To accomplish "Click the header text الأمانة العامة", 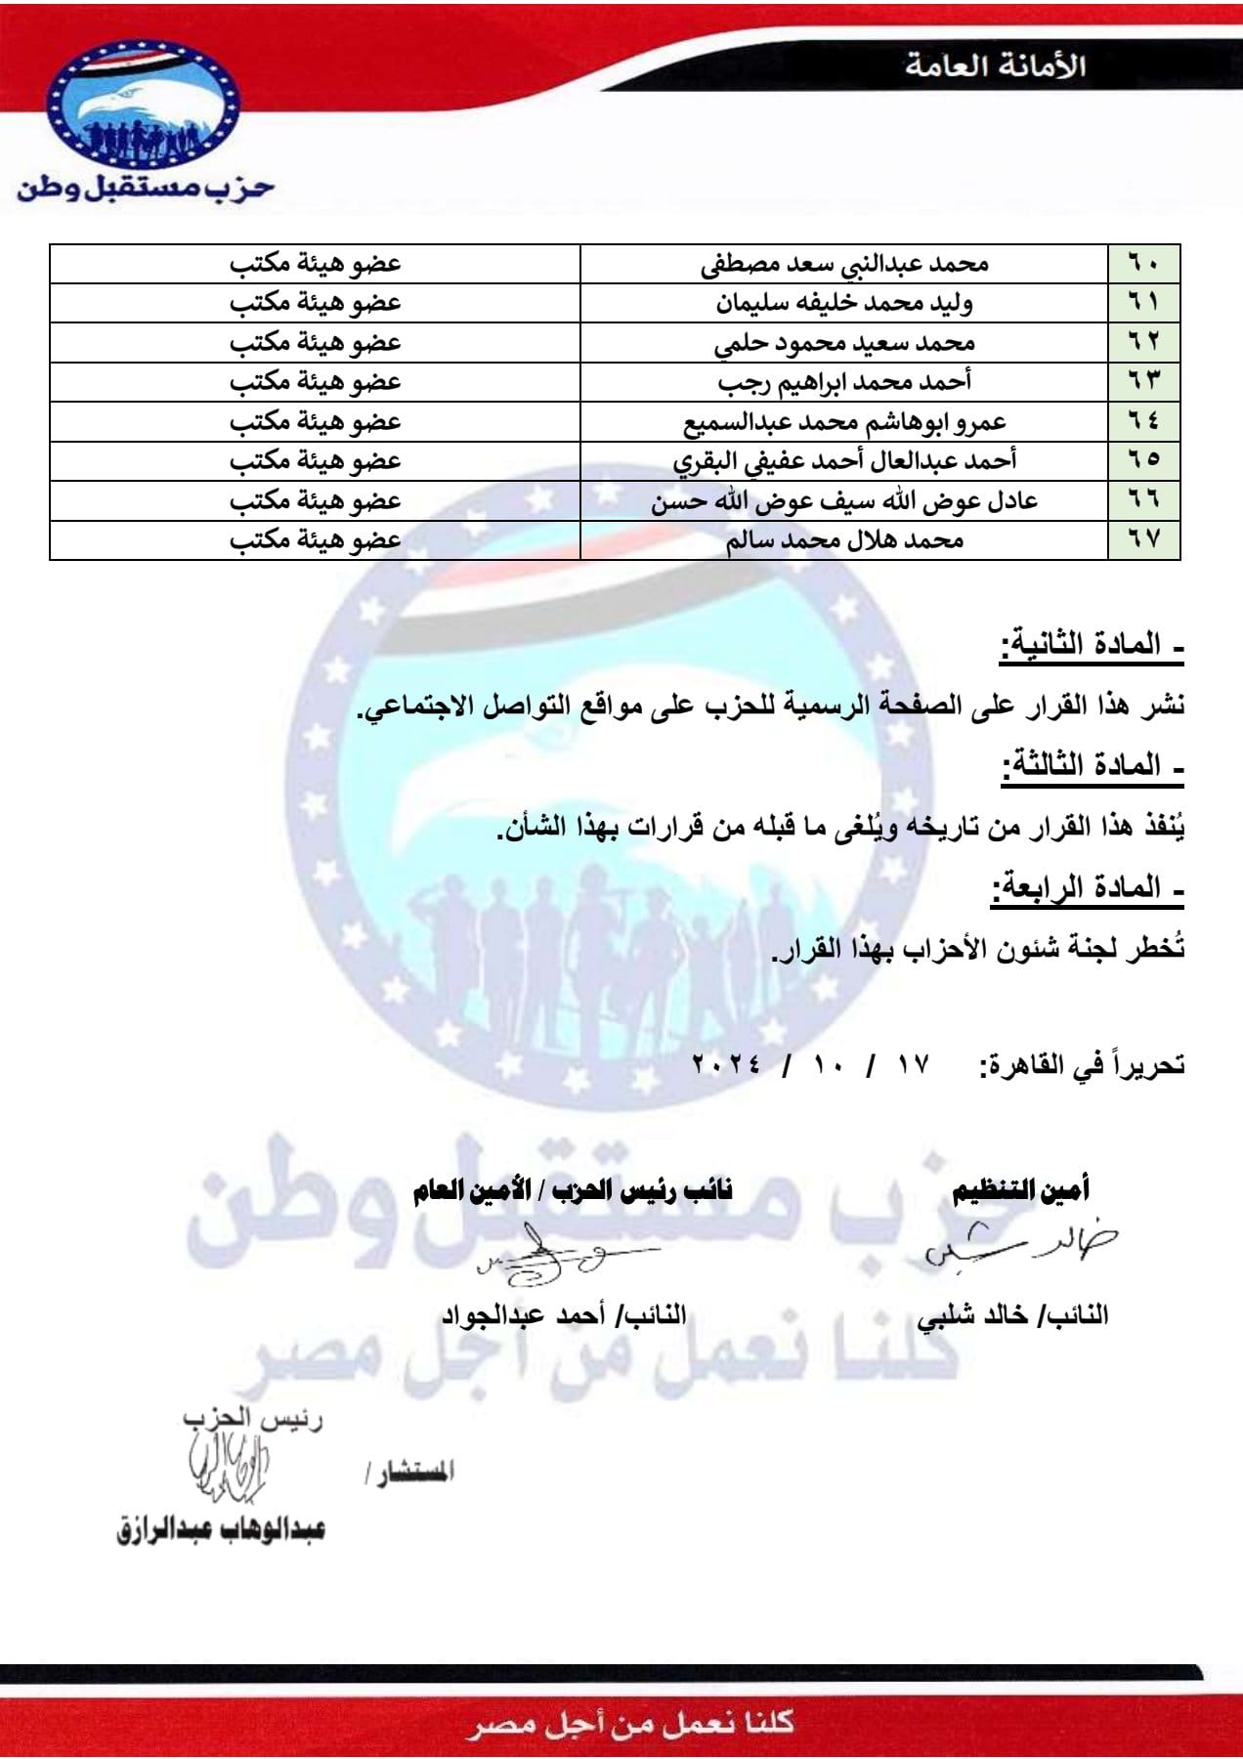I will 995,65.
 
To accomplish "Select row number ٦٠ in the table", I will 1143,264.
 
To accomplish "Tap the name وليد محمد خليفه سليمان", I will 843,303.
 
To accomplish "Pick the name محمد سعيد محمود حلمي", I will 844,343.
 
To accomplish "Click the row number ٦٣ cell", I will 1143,382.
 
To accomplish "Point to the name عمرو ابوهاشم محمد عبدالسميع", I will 844,422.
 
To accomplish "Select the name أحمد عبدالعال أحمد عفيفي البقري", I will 844,461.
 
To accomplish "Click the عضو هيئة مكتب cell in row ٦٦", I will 315,500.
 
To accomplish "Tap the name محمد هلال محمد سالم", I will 844,540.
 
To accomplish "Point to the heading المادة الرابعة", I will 1088,888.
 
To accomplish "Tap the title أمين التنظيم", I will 1020,1189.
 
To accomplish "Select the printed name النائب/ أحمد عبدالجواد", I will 564,1315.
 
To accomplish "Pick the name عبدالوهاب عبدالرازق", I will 221,1529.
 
